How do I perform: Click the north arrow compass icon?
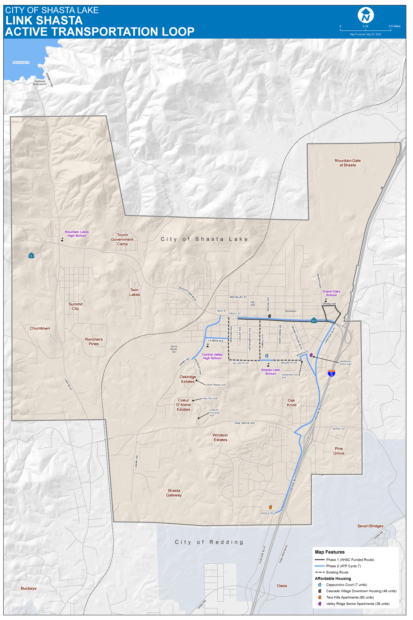[x=366, y=15]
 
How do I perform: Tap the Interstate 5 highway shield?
[x=331, y=373]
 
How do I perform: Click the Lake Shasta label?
[x=21, y=62]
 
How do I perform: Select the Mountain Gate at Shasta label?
[x=347, y=163]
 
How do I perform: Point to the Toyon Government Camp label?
[x=122, y=239]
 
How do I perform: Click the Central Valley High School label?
[x=212, y=356]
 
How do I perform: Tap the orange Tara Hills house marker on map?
[x=270, y=507]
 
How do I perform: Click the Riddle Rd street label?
[x=267, y=513]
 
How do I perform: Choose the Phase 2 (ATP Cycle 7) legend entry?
[x=343, y=566]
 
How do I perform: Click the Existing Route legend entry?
[x=337, y=572]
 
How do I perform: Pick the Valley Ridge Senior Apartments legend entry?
[x=357, y=604]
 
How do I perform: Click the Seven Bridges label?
[x=370, y=526]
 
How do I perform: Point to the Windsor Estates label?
[x=220, y=437]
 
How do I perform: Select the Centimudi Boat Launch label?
[x=40, y=83]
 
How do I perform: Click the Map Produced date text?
[x=365, y=35]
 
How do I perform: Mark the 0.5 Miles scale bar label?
[x=394, y=26]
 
